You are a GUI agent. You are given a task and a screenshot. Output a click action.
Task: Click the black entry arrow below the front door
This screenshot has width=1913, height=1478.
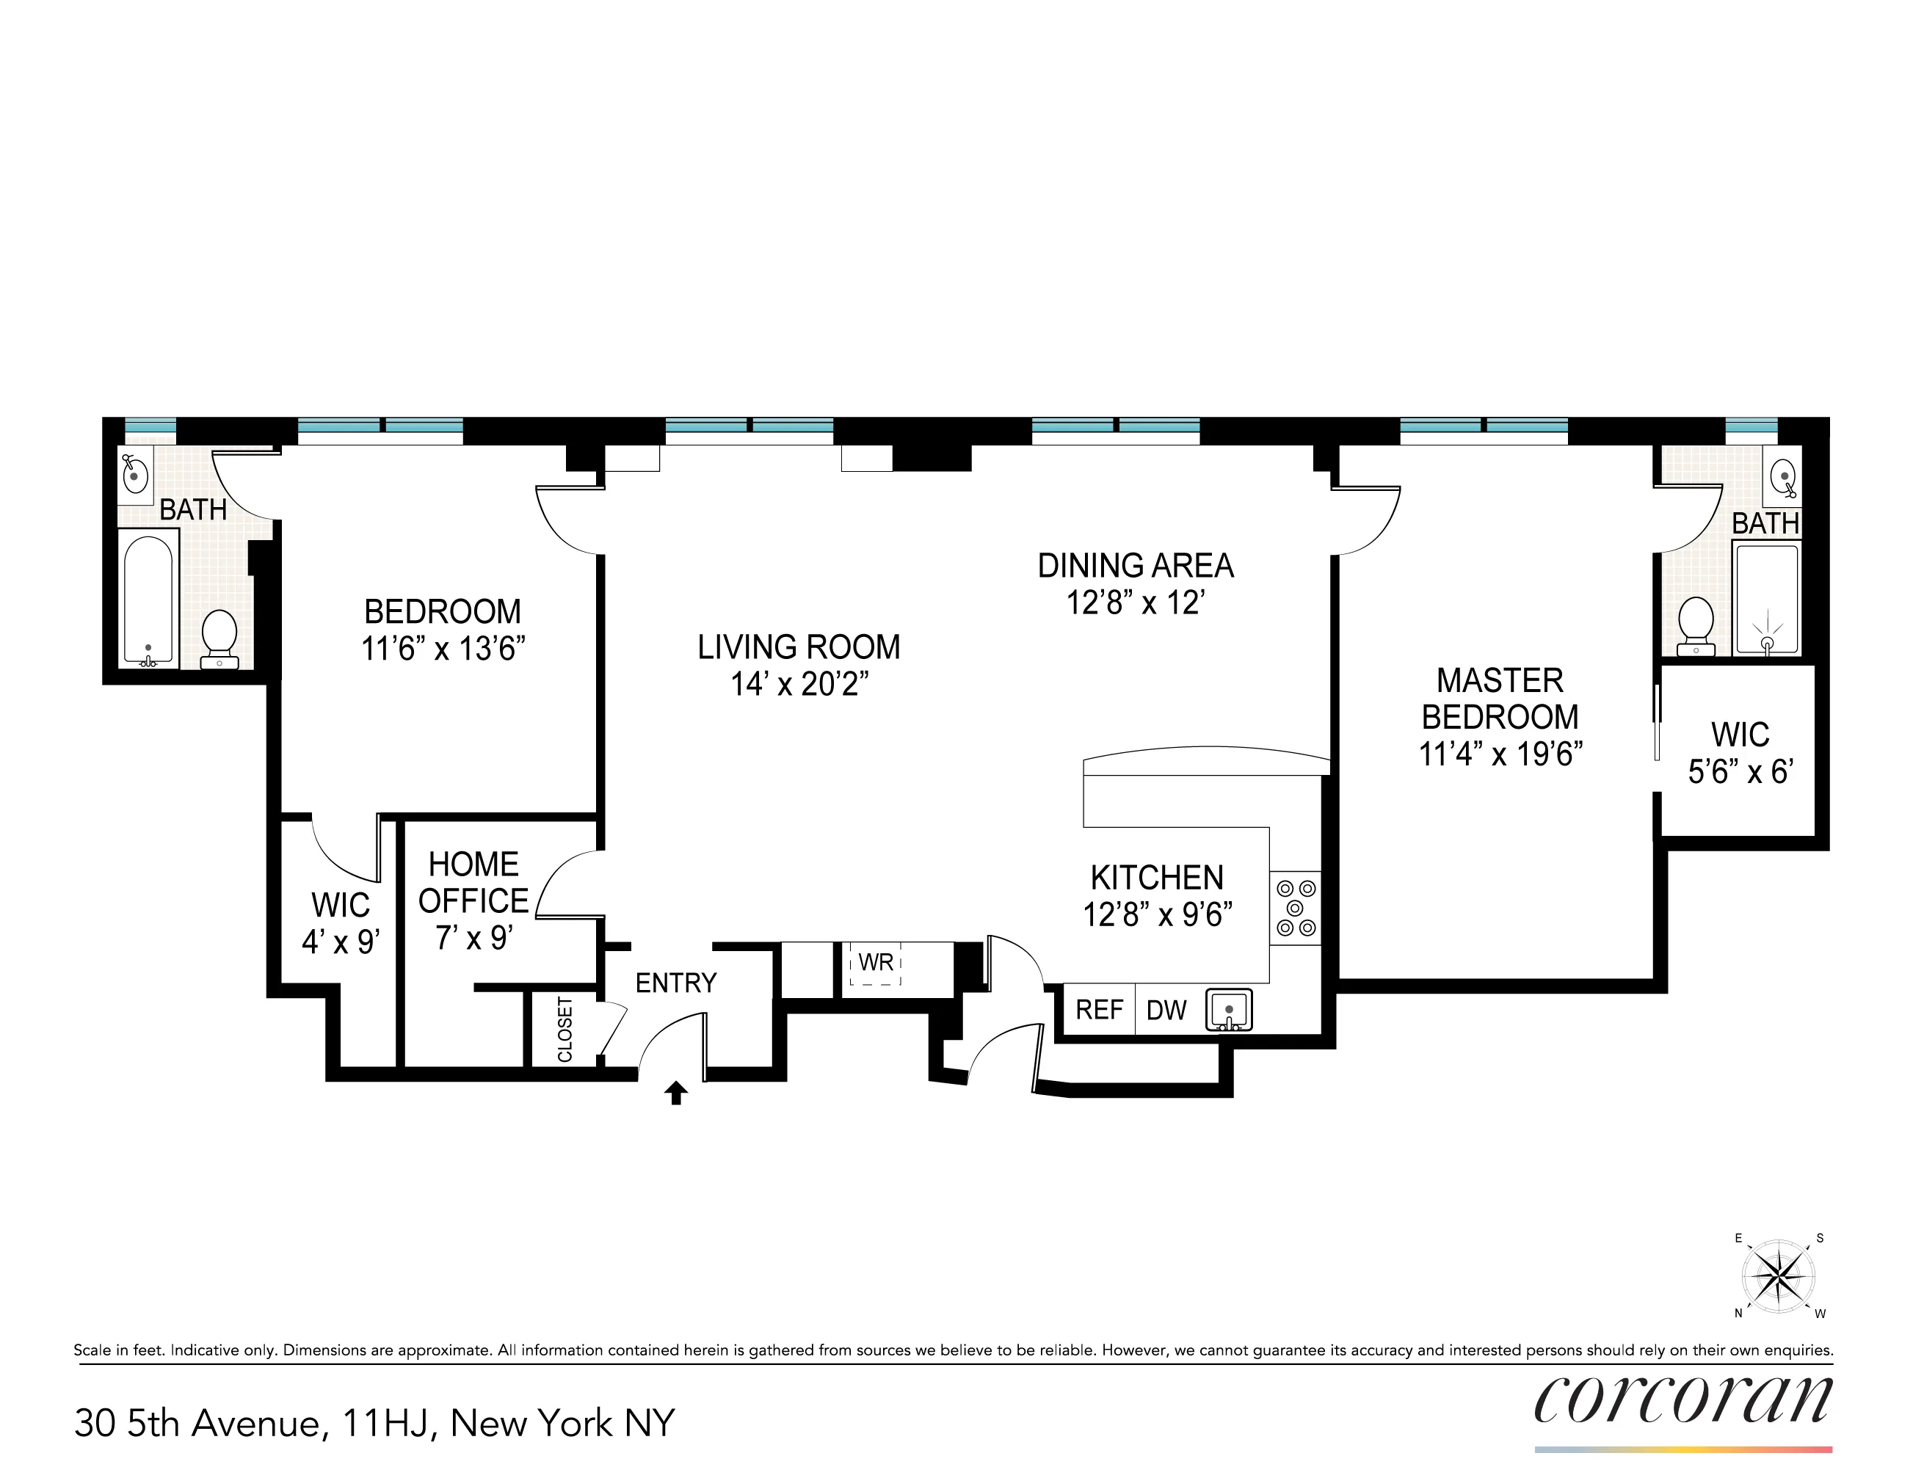[x=675, y=1093]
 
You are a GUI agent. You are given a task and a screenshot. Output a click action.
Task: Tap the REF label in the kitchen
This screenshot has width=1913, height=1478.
[x=1098, y=1010]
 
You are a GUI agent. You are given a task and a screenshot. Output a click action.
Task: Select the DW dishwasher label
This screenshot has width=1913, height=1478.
[x=1166, y=1011]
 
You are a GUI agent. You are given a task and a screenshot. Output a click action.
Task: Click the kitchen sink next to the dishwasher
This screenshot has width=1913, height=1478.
[x=1229, y=1010]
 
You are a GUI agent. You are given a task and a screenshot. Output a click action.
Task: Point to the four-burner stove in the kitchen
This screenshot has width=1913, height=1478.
[x=1296, y=908]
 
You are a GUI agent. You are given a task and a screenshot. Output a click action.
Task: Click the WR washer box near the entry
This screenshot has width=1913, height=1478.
[x=875, y=964]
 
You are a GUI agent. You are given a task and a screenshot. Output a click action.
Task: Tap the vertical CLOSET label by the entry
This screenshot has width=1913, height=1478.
[x=565, y=1030]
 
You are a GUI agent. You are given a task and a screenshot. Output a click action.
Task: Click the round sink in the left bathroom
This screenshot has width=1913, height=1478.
[x=134, y=475]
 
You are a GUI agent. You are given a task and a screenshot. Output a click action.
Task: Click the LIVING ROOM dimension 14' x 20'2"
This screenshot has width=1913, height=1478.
[x=799, y=684]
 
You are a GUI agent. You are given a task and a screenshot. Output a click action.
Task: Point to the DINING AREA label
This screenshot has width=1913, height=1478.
[x=1135, y=566]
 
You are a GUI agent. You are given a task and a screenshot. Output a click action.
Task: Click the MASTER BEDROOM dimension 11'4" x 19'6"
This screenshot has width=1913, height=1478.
[x=1500, y=754]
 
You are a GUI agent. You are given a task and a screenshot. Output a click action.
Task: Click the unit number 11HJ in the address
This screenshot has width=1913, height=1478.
[x=389, y=1423]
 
